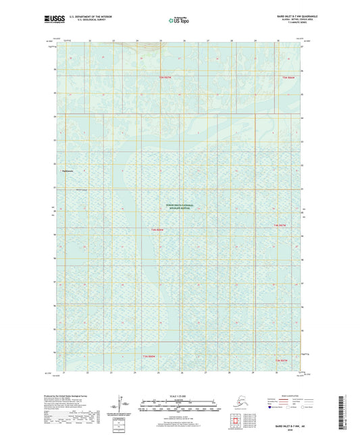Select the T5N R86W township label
tap(288, 78)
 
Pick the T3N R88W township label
tap(149, 355)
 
